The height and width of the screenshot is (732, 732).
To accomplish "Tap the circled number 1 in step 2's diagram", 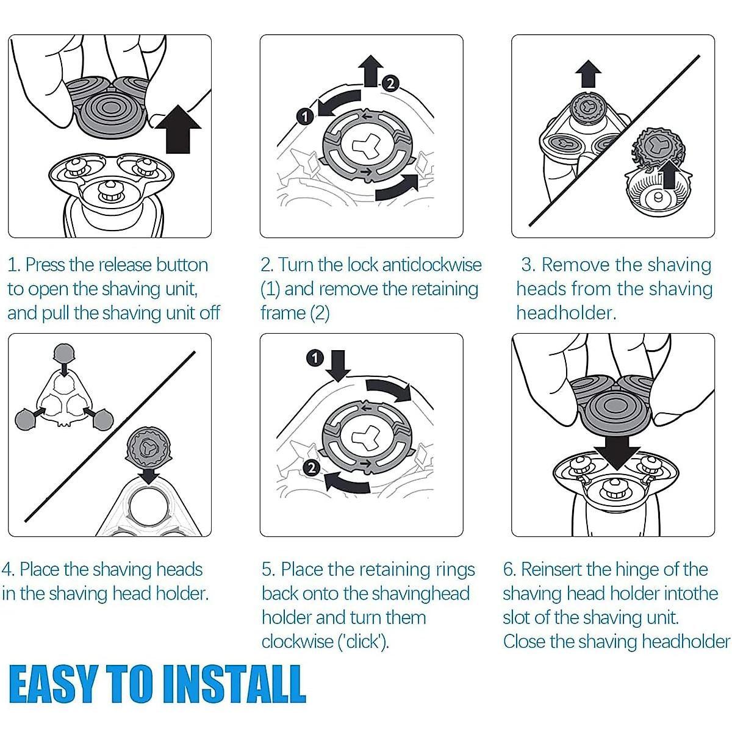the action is click(x=305, y=117).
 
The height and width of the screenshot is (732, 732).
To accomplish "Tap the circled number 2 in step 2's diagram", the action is click(x=390, y=83).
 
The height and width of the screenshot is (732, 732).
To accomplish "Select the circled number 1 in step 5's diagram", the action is click(x=315, y=357).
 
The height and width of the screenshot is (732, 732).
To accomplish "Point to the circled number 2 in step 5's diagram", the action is click(x=312, y=468).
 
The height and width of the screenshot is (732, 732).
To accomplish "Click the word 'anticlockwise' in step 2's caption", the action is click(x=432, y=265).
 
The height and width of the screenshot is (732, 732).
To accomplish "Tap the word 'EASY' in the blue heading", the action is click(x=52, y=684).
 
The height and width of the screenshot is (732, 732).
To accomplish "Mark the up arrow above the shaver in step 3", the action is click(x=588, y=74).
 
